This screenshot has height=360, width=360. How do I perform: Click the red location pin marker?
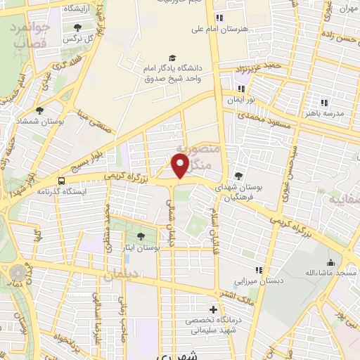click(x=181, y=165)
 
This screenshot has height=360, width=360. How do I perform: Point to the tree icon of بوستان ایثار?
click(x=141, y=236)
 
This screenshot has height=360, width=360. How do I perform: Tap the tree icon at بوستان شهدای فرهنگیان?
click(x=239, y=176)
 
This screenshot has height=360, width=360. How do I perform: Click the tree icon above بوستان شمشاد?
click(x=39, y=110)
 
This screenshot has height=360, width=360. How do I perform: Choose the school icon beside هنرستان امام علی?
click(x=220, y=18)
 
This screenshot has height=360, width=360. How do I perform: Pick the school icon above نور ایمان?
click(x=242, y=89)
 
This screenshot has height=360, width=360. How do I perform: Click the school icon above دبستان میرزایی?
click(x=259, y=270)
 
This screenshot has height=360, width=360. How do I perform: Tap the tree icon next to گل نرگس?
click(x=77, y=27)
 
